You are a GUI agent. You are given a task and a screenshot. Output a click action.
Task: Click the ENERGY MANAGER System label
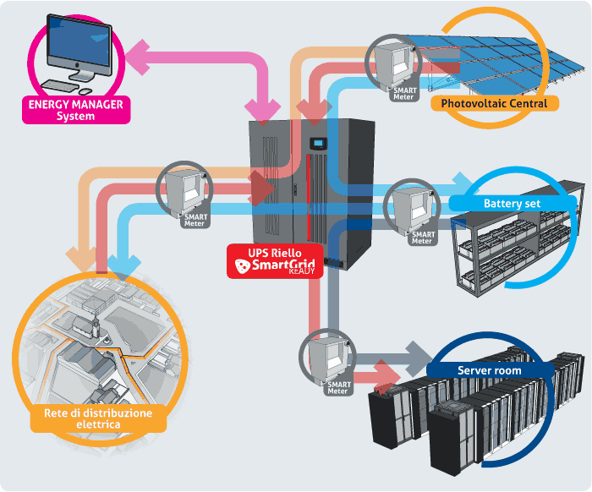pos(77,110)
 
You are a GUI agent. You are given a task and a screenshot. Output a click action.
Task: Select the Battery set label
pos(512,204)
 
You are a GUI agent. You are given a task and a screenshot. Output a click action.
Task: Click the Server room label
pos(489,370)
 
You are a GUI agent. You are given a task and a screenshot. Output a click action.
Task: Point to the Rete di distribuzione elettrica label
pos(98,418)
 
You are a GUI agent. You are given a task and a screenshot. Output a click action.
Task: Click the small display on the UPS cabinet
pos(318,142)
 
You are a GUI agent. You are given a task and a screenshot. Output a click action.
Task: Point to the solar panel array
pos(507,63)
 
